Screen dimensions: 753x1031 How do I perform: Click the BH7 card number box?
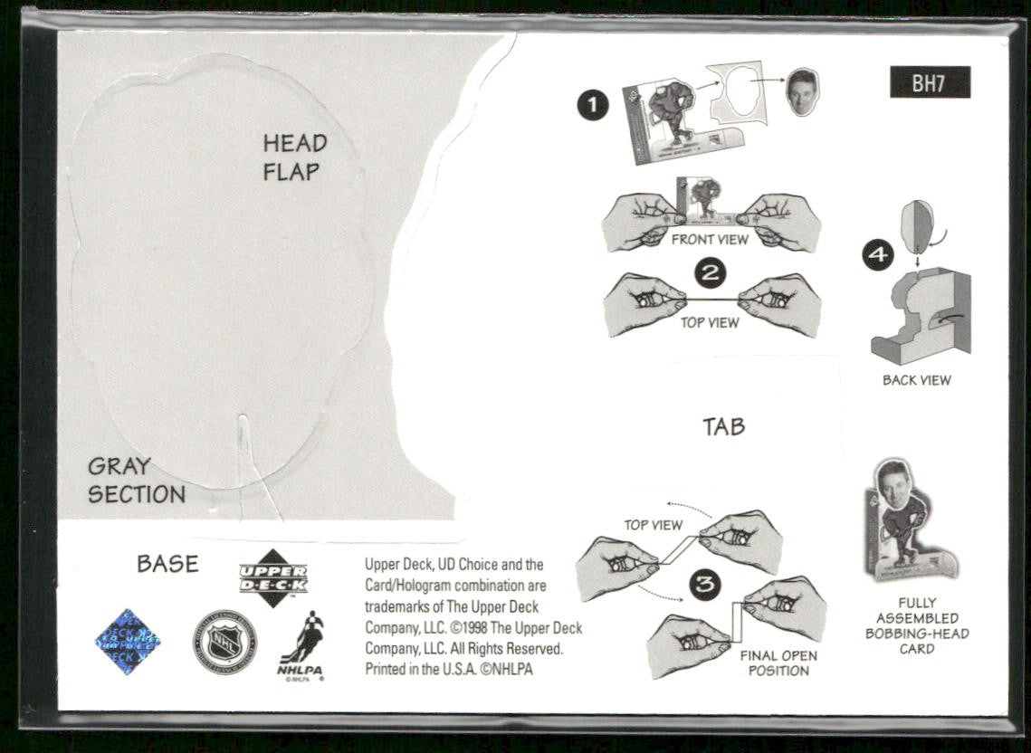pyautogui.click(x=929, y=82)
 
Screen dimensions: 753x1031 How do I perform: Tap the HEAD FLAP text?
pyautogui.click(x=294, y=157)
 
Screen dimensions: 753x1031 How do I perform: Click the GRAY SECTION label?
pyautogui.click(x=136, y=481)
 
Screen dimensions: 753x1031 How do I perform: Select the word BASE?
pyautogui.click(x=167, y=564)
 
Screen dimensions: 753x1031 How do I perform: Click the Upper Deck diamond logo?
pyautogui.click(x=272, y=577)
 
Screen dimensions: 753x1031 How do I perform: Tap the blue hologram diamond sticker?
pyautogui.click(x=128, y=642)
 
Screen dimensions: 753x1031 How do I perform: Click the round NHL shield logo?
pyautogui.click(x=224, y=642)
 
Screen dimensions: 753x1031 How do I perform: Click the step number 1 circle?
pyautogui.click(x=592, y=106)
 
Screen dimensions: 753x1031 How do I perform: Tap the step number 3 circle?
pyautogui.click(x=705, y=586)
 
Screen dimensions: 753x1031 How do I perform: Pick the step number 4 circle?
pyautogui.click(x=877, y=255)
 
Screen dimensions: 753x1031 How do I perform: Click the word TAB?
pyautogui.click(x=723, y=426)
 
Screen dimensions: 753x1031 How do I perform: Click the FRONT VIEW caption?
pyautogui.click(x=710, y=240)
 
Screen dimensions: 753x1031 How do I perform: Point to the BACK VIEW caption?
pyautogui.click(x=916, y=380)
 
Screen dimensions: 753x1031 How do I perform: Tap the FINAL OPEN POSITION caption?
pyautogui.click(x=778, y=663)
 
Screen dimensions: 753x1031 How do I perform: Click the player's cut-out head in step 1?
pyautogui.click(x=802, y=91)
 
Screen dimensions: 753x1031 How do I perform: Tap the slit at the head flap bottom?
pyautogui.click(x=243, y=443)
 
